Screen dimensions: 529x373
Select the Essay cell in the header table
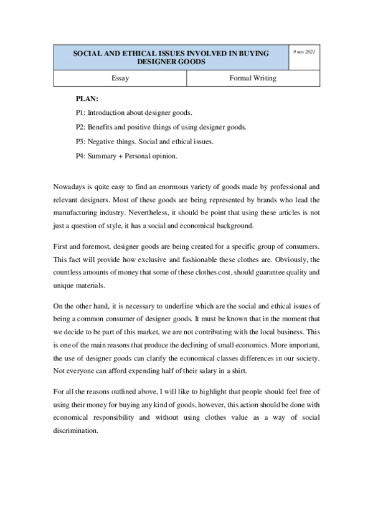[x=120, y=79]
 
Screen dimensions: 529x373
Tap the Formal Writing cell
[x=253, y=79]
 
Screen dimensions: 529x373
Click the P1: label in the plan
[x=80, y=113]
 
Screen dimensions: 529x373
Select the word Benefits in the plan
[x=102, y=127]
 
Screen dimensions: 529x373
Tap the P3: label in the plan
[x=80, y=142]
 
